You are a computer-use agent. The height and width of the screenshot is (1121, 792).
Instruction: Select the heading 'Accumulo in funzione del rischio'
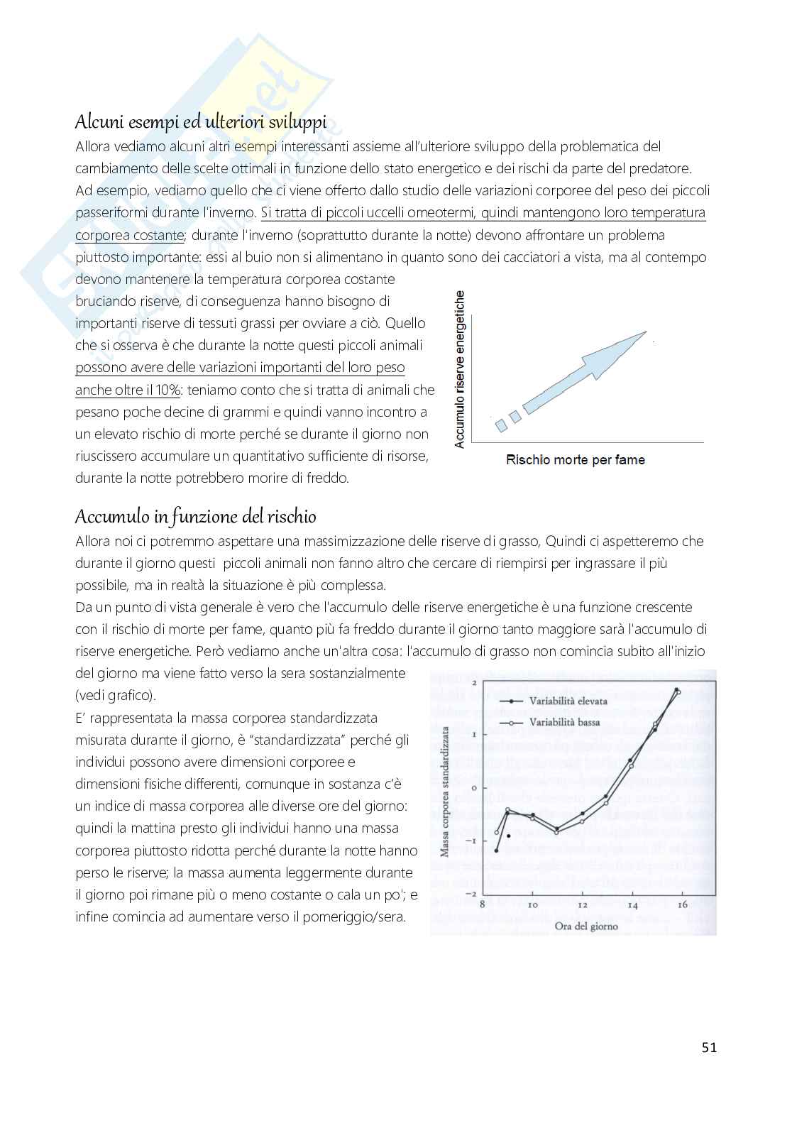[196, 516]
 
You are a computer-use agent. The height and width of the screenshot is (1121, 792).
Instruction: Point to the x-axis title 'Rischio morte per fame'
[575, 460]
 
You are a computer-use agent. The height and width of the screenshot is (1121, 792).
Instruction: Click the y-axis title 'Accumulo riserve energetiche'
[460, 369]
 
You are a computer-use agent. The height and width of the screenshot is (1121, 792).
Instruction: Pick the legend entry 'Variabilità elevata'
[568, 701]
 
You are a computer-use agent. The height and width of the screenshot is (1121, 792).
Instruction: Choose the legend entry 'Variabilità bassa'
[564, 722]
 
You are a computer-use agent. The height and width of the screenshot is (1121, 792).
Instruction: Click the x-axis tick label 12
[582, 905]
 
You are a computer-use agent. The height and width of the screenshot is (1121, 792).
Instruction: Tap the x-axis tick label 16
[682, 905]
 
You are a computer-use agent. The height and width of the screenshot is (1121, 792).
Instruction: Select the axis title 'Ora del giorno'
[586, 926]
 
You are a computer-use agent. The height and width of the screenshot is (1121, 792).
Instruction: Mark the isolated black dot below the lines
[509, 836]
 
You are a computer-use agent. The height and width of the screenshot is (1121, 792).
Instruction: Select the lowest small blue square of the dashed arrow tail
[502, 425]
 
